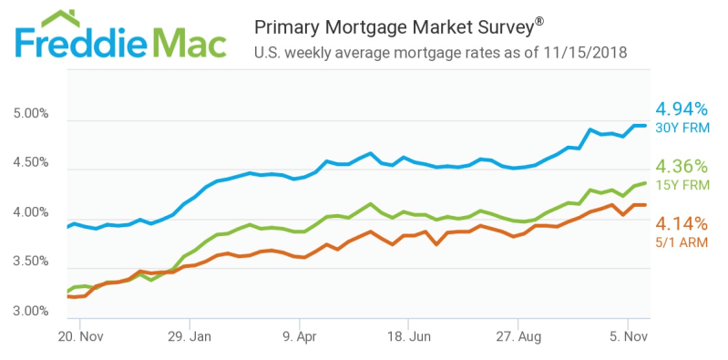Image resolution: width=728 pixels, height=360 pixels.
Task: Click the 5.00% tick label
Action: (30, 114)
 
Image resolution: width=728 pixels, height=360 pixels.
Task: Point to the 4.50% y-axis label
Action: (30, 163)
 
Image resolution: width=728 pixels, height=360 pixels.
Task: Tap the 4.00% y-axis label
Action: (30, 212)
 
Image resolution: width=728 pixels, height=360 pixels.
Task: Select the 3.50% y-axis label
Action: (30, 262)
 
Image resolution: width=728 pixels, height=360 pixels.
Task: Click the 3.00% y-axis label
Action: (30, 311)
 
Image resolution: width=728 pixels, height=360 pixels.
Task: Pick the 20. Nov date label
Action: (80, 335)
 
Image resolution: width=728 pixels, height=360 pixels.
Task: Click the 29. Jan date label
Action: (190, 335)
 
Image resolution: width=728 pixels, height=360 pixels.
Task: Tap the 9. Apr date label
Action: (300, 335)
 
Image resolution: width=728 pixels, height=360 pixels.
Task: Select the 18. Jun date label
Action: (408, 335)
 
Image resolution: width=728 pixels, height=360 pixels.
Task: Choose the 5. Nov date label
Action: (628, 335)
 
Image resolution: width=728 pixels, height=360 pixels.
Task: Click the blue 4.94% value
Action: (682, 109)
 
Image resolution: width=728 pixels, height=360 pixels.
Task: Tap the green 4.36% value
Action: (682, 166)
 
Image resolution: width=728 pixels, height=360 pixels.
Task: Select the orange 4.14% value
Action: (682, 224)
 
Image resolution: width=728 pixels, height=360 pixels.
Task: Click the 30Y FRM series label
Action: (682, 128)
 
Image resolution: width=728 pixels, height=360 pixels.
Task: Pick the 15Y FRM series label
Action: (682, 185)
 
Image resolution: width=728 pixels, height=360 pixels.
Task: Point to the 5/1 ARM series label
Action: (682, 242)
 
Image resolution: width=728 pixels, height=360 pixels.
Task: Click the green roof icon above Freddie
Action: (60, 18)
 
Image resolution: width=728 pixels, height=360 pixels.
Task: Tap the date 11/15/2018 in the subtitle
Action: (584, 53)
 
